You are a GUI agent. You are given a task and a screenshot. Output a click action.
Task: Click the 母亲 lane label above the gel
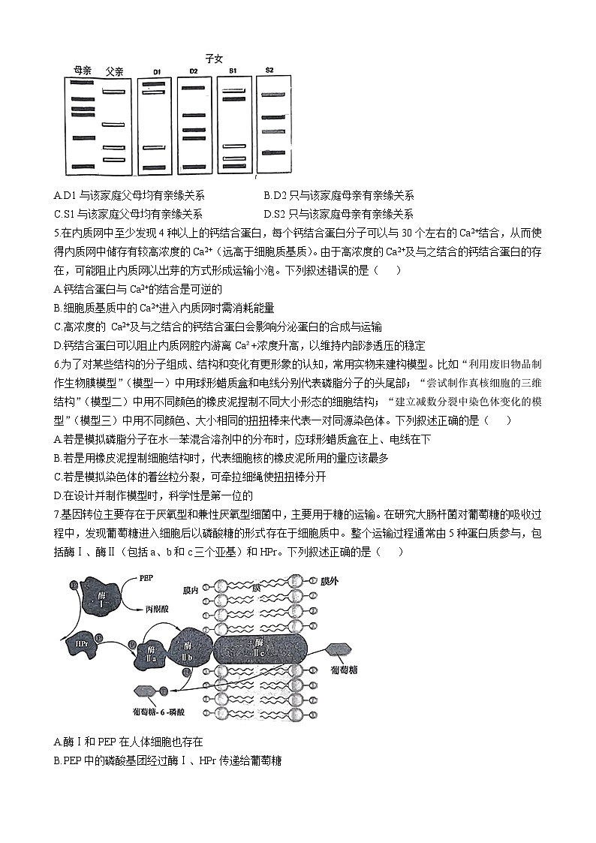[82, 71]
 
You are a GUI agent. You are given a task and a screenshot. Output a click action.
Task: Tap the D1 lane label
[156, 72]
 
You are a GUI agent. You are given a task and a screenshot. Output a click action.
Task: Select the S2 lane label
[269, 71]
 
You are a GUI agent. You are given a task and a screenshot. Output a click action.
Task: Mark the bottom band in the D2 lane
[194, 167]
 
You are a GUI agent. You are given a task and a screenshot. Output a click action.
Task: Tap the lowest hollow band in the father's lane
[113, 160]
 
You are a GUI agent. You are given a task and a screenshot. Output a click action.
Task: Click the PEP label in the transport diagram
[147, 580]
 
